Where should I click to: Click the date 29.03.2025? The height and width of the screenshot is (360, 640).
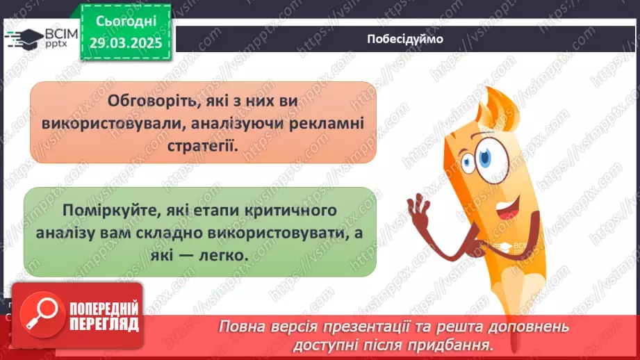tap(126, 42)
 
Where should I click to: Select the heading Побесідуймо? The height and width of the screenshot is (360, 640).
tap(404, 39)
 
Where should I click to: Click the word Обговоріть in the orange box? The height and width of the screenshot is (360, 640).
tap(144, 101)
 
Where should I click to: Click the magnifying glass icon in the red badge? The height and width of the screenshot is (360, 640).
tap(37, 314)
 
